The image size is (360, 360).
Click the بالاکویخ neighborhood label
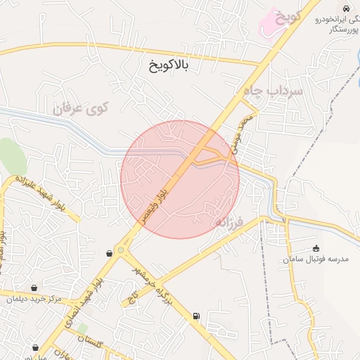click(x=169, y=67)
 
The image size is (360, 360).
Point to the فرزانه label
click(x=229, y=223)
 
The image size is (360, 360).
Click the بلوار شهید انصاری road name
click(x=84, y=304)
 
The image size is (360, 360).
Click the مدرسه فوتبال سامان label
click(x=316, y=259)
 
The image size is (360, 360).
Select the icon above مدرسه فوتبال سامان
click(x=316, y=248)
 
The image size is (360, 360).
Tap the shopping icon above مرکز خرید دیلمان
click(x=34, y=288)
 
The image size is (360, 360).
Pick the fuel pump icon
click(x=195, y=316)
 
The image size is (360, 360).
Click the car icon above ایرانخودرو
click(x=346, y=8)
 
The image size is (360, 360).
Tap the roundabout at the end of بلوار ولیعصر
click(x=120, y=250)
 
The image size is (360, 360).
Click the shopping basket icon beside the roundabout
click(x=109, y=253)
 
